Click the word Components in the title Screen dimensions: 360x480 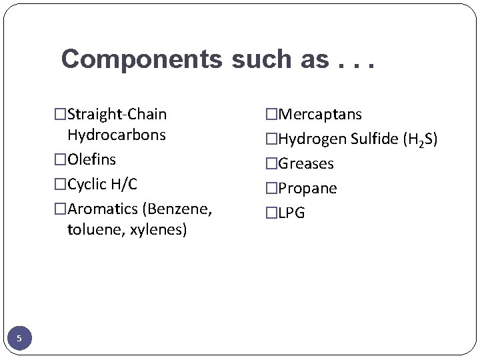(x=142, y=59)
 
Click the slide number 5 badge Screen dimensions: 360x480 (x=19, y=339)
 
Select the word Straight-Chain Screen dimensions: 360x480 (x=117, y=115)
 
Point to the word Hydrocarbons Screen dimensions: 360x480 (x=116, y=135)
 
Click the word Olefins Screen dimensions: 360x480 (x=91, y=159)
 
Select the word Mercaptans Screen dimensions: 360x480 (x=319, y=115)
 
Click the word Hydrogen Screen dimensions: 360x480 (x=312, y=139)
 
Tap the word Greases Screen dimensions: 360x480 (x=305, y=163)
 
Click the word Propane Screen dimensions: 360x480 (x=307, y=188)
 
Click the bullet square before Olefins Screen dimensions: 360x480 (x=61, y=159)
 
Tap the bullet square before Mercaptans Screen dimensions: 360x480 (x=271, y=115)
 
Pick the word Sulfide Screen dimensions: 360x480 (x=374, y=139)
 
